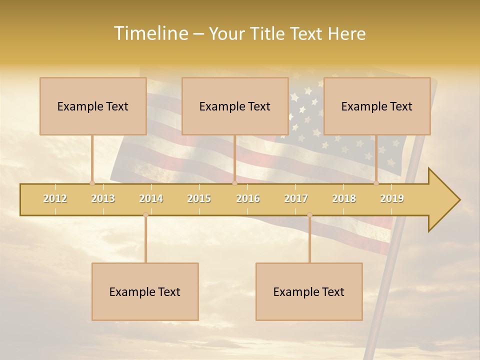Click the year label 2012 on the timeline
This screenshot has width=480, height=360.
coord(55,199)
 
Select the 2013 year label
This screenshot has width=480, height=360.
coord(103,199)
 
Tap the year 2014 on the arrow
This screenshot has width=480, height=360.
coord(151,199)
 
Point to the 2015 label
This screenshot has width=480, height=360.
coord(199,199)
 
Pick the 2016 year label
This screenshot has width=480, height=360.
coord(248,199)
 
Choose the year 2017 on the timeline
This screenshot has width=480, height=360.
coord(296,199)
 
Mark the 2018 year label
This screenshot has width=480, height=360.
coord(344,199)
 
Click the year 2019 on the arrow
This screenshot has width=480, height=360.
coord(392,199)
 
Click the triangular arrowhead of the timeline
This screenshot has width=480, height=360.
coord(443,200)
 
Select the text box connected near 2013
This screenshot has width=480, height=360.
coord(93,106)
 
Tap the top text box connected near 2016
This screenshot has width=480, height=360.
coord(235,106)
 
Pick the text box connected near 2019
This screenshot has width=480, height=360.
coord(377,106)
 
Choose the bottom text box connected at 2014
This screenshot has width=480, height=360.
coord(145,291)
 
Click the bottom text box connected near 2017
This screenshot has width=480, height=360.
coord(309,291)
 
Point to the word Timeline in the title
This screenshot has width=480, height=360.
coord(150,33)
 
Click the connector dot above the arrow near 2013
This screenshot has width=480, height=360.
coord(92,183)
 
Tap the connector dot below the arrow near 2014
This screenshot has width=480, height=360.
coord(145,215)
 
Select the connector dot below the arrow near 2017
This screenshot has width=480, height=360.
coord(309,215)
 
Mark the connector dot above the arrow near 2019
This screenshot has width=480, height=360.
coord(376,183)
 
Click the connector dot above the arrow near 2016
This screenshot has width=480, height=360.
coord(234,183)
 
